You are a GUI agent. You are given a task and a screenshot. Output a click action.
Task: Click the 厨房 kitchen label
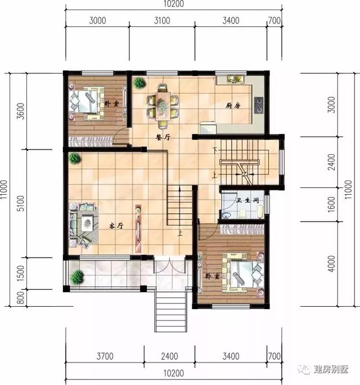pos(233,106)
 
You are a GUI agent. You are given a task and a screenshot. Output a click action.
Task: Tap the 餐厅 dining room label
pos(163,137)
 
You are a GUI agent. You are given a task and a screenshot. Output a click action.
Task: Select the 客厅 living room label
pos(116,226)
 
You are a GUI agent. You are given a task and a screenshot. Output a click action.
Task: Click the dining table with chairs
pos(162,104)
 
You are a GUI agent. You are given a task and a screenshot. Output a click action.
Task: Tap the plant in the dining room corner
pos(138,83)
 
